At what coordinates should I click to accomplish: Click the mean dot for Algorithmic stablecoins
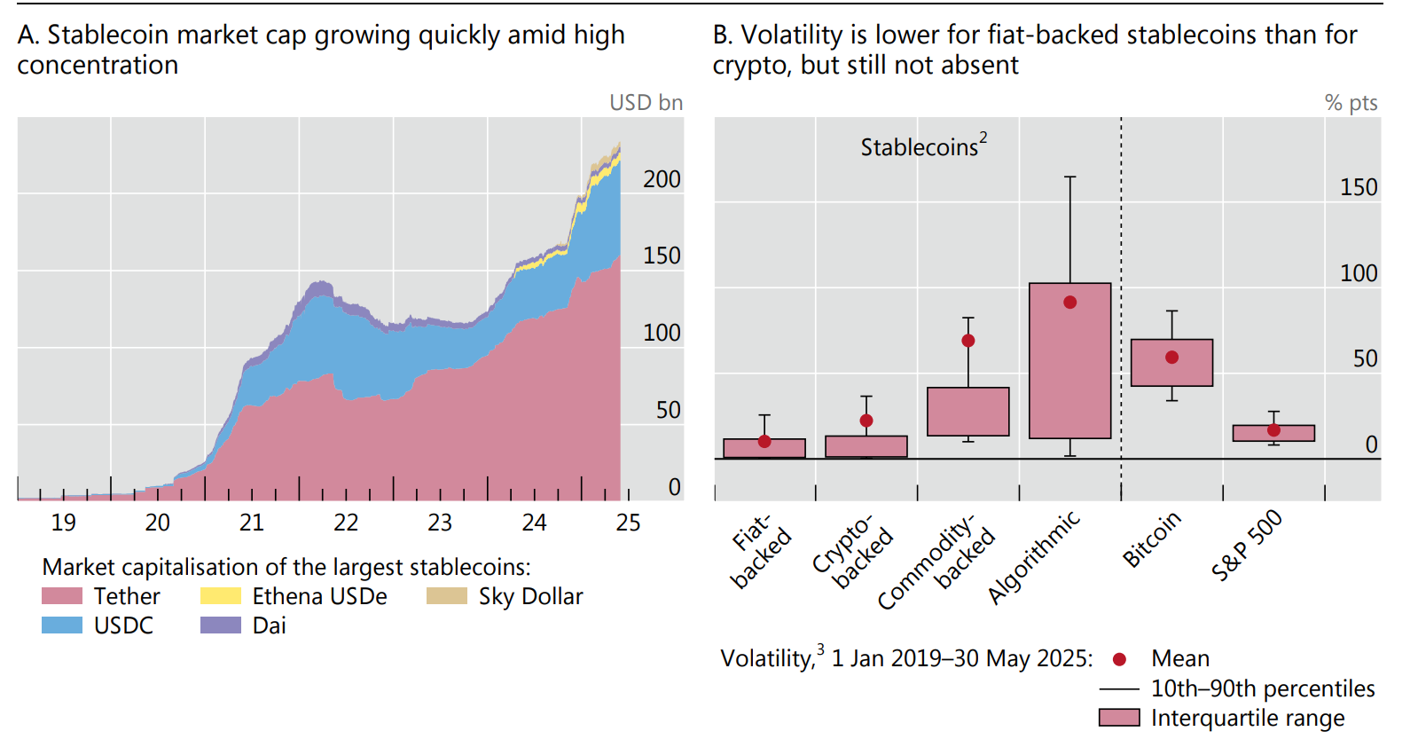1069,303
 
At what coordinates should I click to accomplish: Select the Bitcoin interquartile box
1171,363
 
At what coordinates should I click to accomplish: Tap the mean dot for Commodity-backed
968,341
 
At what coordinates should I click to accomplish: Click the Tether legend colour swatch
62,596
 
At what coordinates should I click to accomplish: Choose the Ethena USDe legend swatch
221,596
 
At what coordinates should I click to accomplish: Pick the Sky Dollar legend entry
530,596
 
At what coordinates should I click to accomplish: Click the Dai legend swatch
221,625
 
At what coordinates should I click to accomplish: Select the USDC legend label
123,625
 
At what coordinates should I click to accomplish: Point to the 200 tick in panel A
662,179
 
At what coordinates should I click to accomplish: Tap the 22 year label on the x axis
346,523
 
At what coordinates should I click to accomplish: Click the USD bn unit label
646,103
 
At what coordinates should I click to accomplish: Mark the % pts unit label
1351,103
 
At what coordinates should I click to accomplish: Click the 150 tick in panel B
1358,187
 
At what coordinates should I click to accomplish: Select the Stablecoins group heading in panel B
922,146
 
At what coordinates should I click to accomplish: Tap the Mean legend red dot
1119,659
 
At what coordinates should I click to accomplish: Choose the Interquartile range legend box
1119,718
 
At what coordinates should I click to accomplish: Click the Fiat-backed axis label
760,550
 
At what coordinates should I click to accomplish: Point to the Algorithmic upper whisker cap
1069,177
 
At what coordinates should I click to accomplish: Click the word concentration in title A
98,66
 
